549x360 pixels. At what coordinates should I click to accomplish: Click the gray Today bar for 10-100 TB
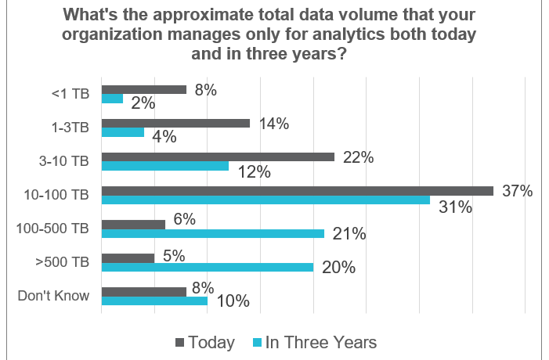[298, 190]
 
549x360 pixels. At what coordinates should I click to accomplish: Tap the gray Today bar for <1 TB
[144, 89]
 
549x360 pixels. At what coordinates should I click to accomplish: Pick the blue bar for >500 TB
[208, 267]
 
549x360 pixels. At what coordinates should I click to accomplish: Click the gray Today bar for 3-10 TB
[218, 157]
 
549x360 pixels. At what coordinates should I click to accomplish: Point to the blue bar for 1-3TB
[123, 132]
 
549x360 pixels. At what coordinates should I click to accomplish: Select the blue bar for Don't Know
[154, 301]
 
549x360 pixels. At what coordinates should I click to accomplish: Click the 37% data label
[518, 191]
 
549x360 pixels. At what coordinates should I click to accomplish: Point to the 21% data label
[349, 233]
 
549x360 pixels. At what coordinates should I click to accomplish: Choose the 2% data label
[143, 103]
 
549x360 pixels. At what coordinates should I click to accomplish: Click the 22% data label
[358, 157]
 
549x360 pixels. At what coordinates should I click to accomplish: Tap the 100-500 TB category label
[53, 228]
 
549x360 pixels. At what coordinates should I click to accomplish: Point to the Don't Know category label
[53, 295]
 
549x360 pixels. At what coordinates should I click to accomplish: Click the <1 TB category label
[71, 94]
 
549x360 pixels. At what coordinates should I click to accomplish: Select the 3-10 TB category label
[65, 161]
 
